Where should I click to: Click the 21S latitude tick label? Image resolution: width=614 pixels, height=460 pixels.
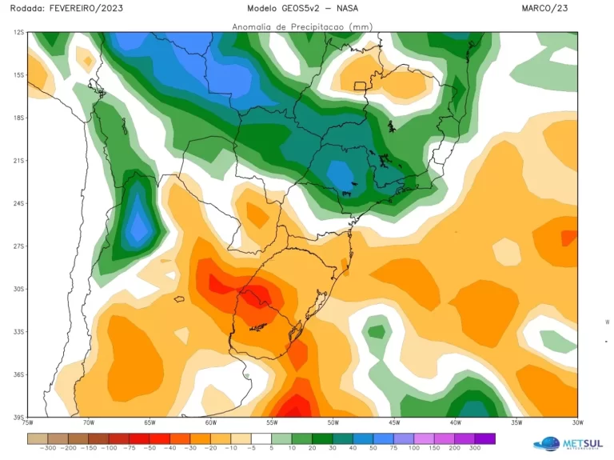pyautogui.click(x=18, y=161)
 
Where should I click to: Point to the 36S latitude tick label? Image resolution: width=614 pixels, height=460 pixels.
pyautogui.click(x=18, y=374)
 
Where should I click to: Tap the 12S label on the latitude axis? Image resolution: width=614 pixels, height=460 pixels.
pyautogui.click(x=18, y=33)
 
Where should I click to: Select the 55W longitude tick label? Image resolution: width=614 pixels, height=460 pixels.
pyautogui.click(x=272, y=422)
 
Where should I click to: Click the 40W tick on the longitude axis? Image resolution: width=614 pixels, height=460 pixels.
pyautogui.click(x=455, y=422)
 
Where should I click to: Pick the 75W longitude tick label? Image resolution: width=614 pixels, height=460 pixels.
pyautogui.click(x=28, y=422)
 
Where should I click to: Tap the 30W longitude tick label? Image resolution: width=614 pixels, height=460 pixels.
pyautogui.click(x=577, y=422)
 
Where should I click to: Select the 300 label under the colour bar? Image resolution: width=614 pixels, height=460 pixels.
pyautogui.click(x=475, y=449)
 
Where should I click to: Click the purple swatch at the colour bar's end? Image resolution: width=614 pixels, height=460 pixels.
pyautogui.click(x=484, y=438)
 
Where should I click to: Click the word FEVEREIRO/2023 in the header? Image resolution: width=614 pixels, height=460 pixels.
pyautogui.click(x=87, y=8)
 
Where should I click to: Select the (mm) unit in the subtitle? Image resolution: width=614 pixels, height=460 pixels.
pyautogui.click(x=361, y=26)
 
